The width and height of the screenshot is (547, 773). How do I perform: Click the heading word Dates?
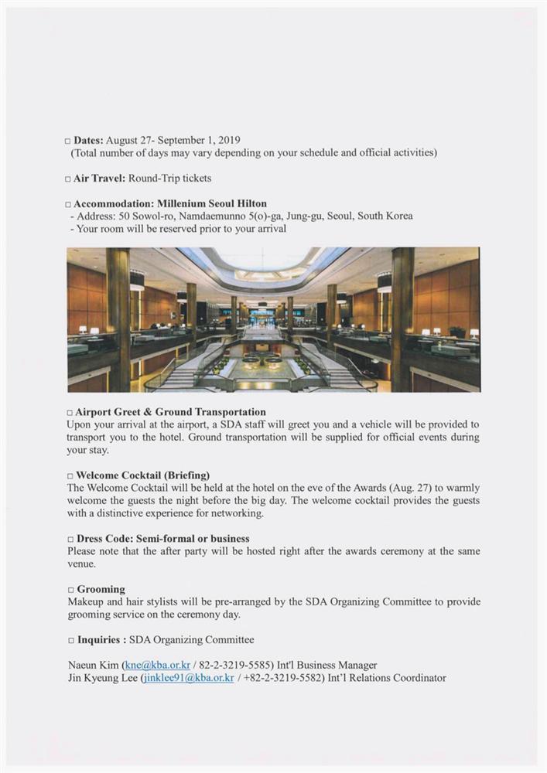click(87, 141)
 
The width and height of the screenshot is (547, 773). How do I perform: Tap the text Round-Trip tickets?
click(169, 179)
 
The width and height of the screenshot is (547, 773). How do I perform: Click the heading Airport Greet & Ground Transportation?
click(171, 412)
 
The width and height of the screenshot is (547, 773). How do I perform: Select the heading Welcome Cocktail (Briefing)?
click(143, 475)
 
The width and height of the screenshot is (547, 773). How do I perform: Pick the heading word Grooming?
click(101, 589)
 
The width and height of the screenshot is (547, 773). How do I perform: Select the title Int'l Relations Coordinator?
click(387, 678)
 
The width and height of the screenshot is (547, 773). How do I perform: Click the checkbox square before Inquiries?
click(70, 640)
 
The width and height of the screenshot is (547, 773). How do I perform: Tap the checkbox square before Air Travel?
click(68, 179)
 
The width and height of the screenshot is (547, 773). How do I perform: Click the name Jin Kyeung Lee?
click(101, 678)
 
